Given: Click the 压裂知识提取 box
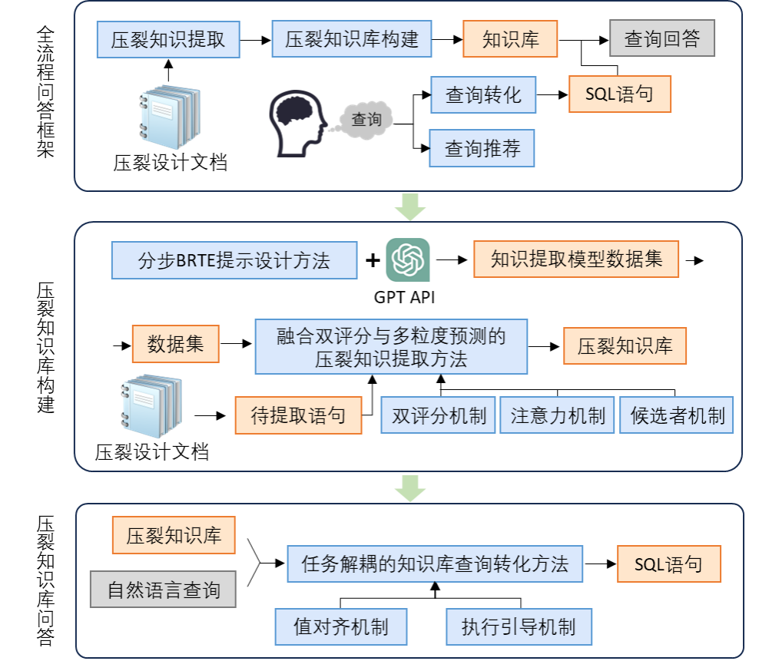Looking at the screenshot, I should pos(168,40).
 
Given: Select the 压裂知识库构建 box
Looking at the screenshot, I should pos(352,40).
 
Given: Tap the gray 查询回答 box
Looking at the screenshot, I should pos(662,39).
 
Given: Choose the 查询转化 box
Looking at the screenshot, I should pos(483,95).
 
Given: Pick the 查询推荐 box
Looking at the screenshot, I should pos(482,149).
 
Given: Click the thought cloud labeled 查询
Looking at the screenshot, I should pos(366,120).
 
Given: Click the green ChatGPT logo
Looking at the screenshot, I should pos(408,260).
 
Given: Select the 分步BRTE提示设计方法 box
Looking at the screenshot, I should pos(234,261).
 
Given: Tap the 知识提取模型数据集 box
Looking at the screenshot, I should pos(576,259).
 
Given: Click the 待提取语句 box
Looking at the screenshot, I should pos(298,416).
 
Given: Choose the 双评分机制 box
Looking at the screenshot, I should pos(439,416).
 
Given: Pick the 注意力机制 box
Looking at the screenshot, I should pos(558,416).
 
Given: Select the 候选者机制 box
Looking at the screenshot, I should pos(677,416).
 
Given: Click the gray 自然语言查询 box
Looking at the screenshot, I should pos(163,590).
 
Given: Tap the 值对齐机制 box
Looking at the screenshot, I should pos(341,627).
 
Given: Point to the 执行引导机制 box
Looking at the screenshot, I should pos(519,627).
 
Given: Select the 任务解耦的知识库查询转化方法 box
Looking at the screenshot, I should pos(435,565).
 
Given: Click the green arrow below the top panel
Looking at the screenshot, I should pos(410,207).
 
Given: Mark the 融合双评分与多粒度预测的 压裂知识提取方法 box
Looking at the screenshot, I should pos(391,347).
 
